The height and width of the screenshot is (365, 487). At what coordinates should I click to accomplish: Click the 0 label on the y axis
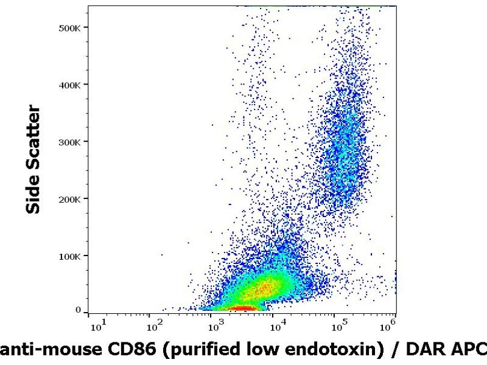pyautogui.click(x=78, y=310)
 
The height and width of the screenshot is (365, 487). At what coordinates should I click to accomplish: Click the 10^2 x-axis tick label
pyautogui.click(x=155, y=327)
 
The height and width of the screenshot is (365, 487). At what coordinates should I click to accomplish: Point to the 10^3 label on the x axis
pyautogui.click(x=217, y=327)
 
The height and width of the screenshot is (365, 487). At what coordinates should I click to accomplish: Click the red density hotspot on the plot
pyautogui.click(x=241, y=308)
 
